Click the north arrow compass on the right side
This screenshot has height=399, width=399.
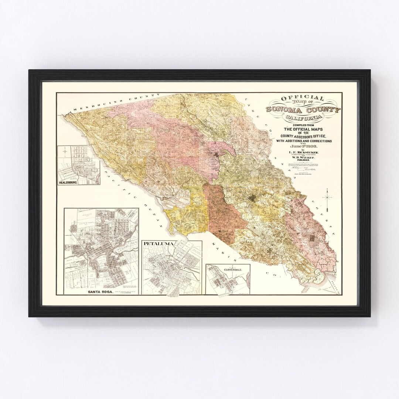click(x=327, y=197)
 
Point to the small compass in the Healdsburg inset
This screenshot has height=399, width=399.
click(x=65, y=150)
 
